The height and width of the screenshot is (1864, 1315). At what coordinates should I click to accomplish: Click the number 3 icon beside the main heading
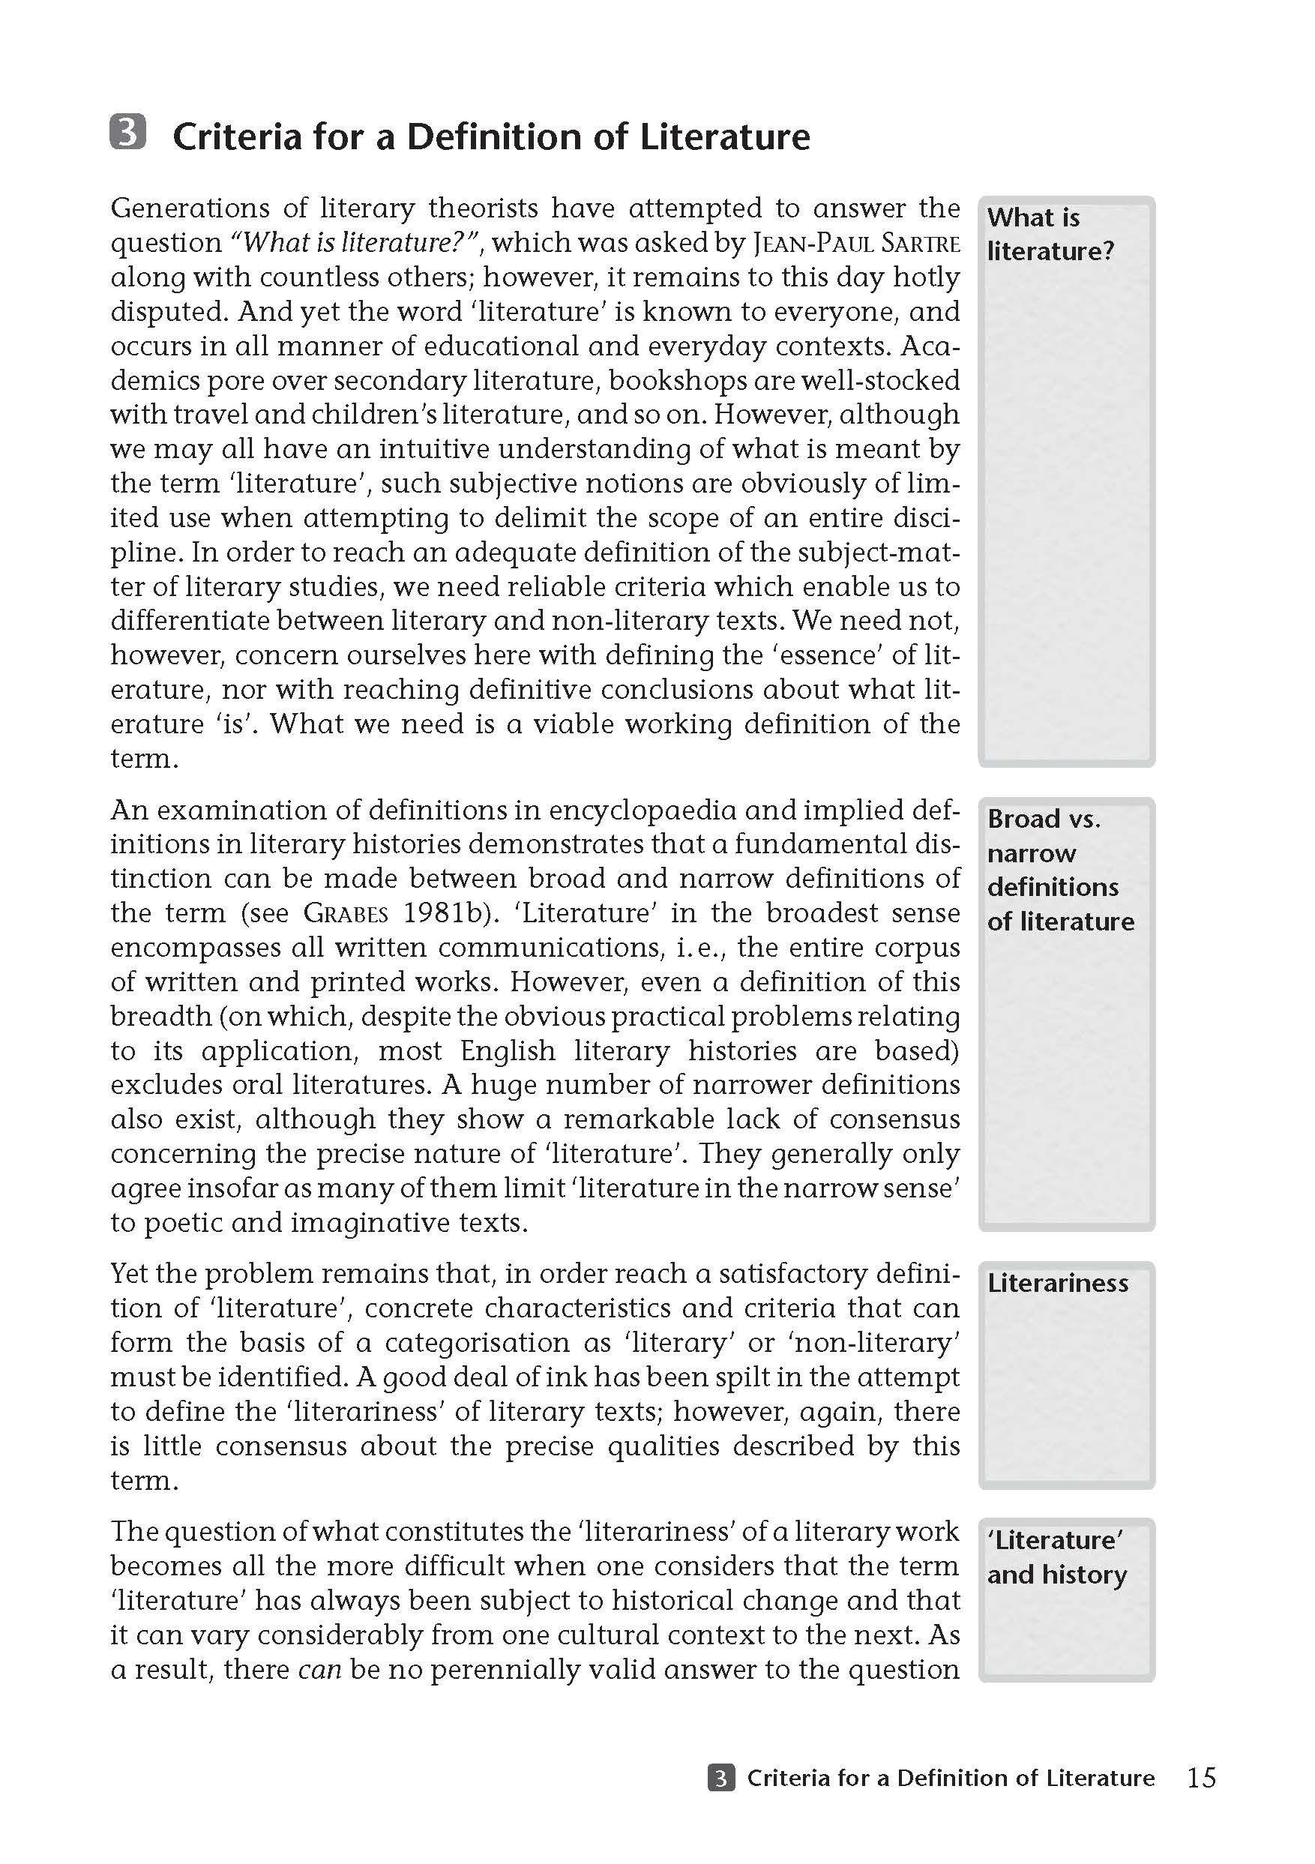pyautogui.click(x=127, y=132)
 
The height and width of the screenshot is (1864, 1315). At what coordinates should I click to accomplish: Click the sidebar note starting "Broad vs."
pyautogui.click(x=1059, y=870)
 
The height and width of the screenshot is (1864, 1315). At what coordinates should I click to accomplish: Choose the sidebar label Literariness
pyautogui.click(x=1057, y=1284)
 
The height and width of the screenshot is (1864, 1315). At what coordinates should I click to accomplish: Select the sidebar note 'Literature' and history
pyautogui.click(x=1056, y=1557)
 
